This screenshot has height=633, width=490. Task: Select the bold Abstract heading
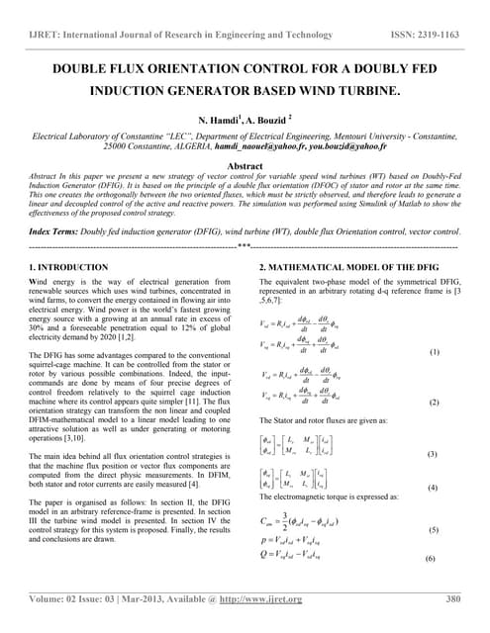coord(245,166)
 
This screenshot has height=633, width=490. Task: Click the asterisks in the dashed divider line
coord(244,243)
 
